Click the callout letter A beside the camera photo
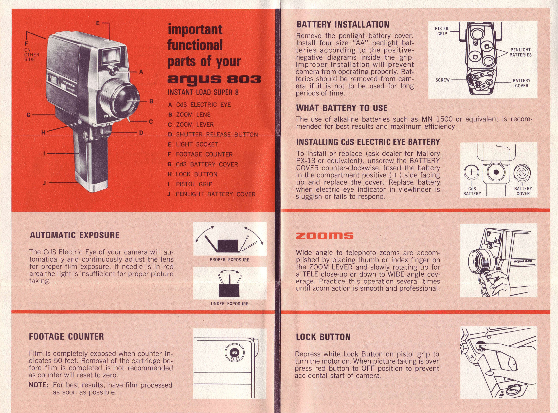141,72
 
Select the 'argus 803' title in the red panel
214,79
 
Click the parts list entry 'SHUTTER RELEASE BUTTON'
217,134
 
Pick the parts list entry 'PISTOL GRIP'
194,184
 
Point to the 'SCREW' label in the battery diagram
442,80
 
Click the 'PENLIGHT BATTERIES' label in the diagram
520,52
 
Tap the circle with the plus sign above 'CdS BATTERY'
471,172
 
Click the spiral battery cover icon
522,172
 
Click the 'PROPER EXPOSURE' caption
229,260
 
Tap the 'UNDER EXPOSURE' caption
229,304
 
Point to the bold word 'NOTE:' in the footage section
38,385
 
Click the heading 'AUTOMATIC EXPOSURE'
75,235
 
